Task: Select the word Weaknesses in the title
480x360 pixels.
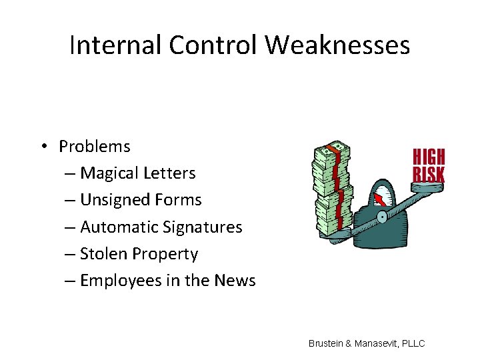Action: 337,45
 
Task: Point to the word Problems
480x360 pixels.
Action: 95,146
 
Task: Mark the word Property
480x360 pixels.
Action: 165,255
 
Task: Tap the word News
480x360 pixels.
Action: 235,281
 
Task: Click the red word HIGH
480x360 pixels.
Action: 429,158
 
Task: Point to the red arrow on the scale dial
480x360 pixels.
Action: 379,198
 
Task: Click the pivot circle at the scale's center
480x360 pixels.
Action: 381,217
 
